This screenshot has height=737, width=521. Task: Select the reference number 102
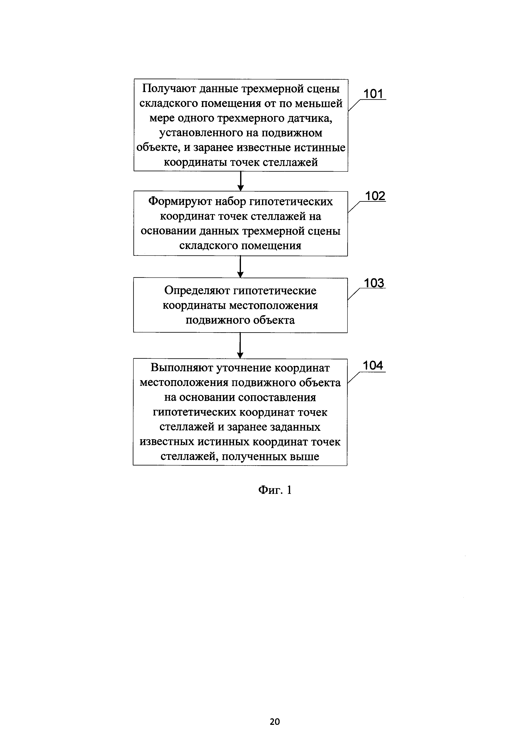(x=375, y=196)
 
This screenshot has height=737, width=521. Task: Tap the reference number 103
(x=374, y=283)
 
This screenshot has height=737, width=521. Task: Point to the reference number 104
(x=373, y=365)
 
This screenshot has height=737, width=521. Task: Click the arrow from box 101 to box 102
(x=241, y=181)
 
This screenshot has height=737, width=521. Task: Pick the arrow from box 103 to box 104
(x=240, y=345)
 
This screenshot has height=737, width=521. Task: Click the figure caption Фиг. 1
(x=275, y=489)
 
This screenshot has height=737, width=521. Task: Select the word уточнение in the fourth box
(x=245, y=368)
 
